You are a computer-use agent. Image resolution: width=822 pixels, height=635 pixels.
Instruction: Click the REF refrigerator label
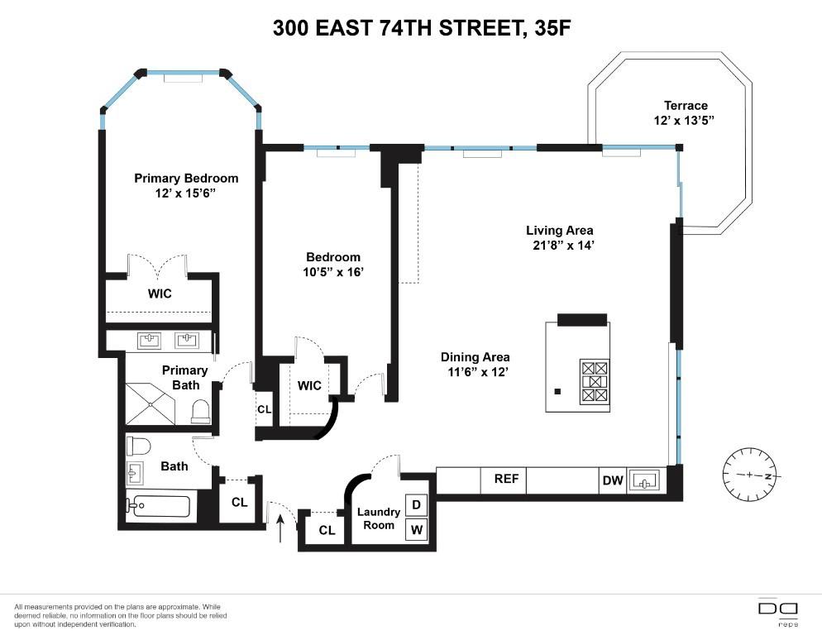point(505,479)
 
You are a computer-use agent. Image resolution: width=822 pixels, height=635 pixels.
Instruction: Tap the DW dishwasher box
point(612,480)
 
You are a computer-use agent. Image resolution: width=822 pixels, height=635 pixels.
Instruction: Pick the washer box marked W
point(415,529)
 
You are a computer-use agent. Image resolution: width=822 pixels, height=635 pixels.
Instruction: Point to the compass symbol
point(750,475)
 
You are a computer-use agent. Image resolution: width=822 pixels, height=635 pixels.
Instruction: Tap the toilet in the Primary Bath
point(200,411)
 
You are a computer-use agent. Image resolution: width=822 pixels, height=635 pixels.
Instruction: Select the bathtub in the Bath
point(160,505)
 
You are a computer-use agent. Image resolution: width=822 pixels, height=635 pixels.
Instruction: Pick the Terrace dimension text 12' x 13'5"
point(686,120)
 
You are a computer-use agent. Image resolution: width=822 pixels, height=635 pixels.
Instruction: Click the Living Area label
point(560,231)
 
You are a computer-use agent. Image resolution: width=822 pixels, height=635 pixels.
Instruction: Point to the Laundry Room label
point(379,518)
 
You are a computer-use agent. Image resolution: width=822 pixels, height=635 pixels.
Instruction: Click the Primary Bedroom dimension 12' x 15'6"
point(186,193)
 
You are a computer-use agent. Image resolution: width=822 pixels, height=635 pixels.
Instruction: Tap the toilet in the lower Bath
point(138,446)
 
